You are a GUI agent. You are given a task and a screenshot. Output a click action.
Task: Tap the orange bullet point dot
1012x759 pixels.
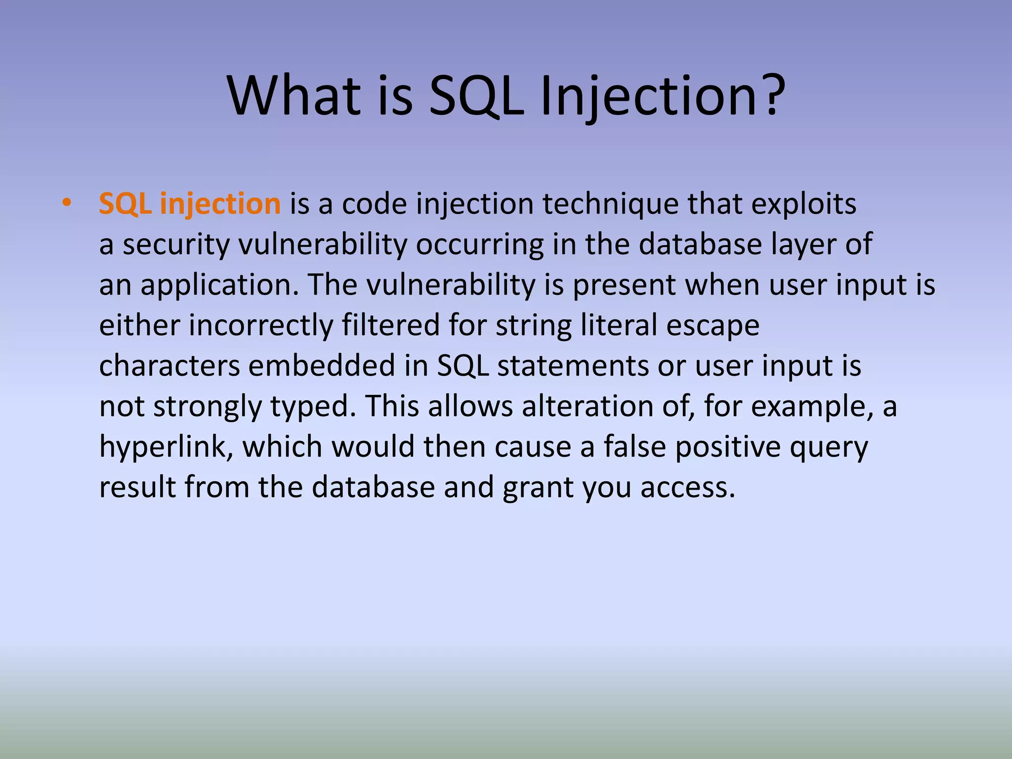67,203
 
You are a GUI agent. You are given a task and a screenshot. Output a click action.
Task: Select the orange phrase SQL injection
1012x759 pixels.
190,204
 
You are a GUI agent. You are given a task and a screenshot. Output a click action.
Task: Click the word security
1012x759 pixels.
176,244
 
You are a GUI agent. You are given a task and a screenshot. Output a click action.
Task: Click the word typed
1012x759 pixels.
313,407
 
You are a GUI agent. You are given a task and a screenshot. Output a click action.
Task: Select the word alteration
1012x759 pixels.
588,407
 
